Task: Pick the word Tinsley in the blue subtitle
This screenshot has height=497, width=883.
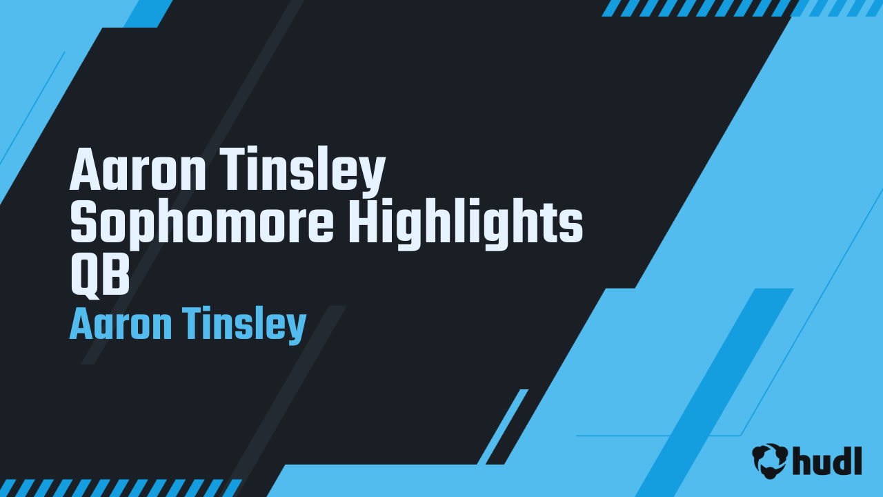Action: (x=244, y=326)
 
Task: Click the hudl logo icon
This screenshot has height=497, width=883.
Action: (x=770, y=460)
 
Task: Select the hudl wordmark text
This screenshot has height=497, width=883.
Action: (x=827, y=460)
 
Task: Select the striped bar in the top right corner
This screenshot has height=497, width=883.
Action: (x=742, y=8)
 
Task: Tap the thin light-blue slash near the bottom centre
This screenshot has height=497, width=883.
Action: (x=502, y=427)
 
